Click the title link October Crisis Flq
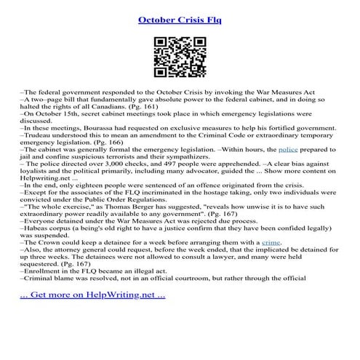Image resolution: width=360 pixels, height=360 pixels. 180,18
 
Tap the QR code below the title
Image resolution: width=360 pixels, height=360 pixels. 180,56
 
